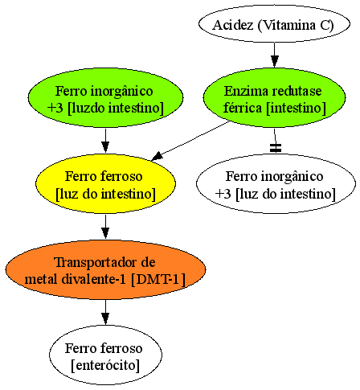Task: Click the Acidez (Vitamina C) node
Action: pos(274,24)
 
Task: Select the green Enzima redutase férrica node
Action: pos(274,97)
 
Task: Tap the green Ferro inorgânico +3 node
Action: pos(105,97)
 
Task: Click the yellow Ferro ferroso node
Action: pos(105,183)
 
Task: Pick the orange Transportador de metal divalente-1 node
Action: pos(105,269)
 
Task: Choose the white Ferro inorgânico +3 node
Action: pos(276,183)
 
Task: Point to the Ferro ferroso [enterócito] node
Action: pos(105,355)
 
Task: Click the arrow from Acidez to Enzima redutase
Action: pos(274,55)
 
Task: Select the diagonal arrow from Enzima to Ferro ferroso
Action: pos(190,141)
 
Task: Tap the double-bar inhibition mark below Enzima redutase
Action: pos(276,148)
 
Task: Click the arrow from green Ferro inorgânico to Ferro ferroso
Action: pos(105,141)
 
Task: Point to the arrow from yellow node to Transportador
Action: pos(105,227)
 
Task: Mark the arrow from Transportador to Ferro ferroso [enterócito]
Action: pos(105,313)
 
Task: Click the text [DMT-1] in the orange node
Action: pos(158,279)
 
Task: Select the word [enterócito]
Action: pos(105,365)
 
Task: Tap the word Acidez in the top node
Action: pos(233,25)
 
